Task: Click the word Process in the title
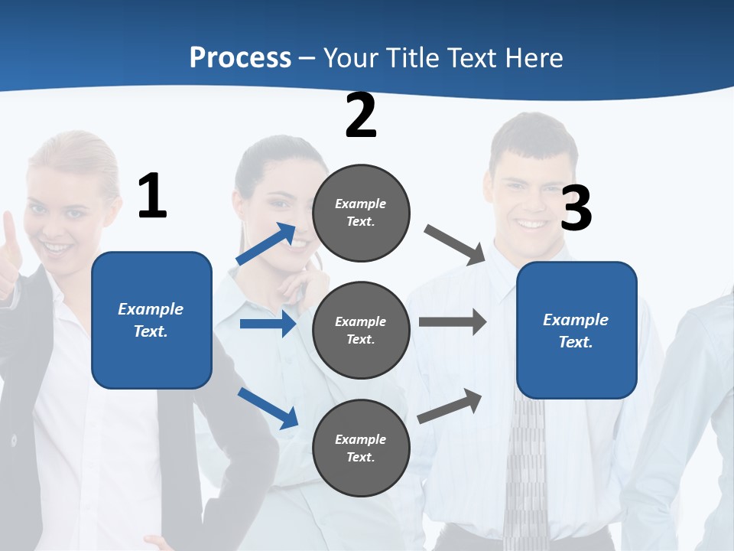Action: (x=240, y=58)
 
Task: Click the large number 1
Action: (x=152, y=197)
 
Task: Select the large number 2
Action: (x=361, y=116)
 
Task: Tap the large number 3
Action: (x=576, y=209)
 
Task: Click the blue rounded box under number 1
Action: (x=151, y=320)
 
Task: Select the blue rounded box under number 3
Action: (x=576, y=331)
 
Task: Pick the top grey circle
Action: (x=361, y=213)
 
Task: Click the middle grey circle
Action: (x=361, y=330)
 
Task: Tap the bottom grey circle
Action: (x=361, y=448)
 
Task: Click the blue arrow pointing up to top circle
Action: (x=266, y=244)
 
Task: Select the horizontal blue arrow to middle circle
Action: (x=268, y=324)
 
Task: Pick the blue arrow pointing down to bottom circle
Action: (x=268, y=408)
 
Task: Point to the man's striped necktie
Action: (x=526, y=467)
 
